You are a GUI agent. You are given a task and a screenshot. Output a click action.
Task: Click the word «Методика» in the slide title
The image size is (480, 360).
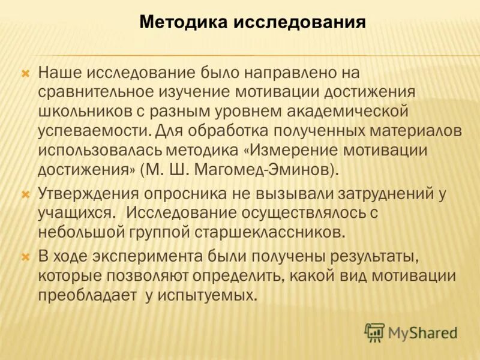[x=182, y=23]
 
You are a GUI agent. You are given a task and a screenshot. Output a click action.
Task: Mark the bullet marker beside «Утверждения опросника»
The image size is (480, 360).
[x=26, y=194]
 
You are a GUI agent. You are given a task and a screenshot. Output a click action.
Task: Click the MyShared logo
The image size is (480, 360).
[x=411, y=332]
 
